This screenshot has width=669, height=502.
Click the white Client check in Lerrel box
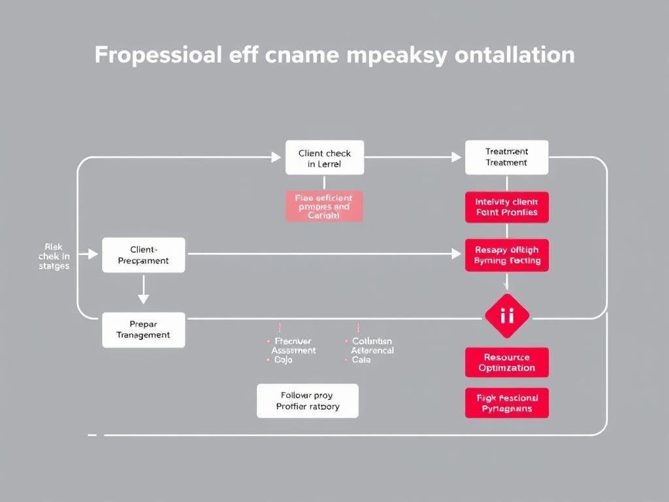325,158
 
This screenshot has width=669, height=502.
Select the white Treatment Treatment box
506,158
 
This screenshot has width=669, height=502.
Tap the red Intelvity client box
506,207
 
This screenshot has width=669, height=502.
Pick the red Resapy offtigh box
506,255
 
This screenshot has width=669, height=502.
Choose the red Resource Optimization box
506,362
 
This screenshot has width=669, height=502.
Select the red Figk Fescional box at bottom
506,403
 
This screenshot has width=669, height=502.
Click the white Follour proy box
308,400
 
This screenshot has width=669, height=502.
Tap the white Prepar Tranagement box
144,329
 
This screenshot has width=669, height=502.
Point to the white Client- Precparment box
144,255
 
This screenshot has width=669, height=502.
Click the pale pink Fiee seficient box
323,206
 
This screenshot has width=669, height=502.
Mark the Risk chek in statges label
54,256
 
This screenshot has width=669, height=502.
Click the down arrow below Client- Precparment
143,291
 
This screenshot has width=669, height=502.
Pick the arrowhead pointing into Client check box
275,157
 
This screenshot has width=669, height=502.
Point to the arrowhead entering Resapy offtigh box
456,254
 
